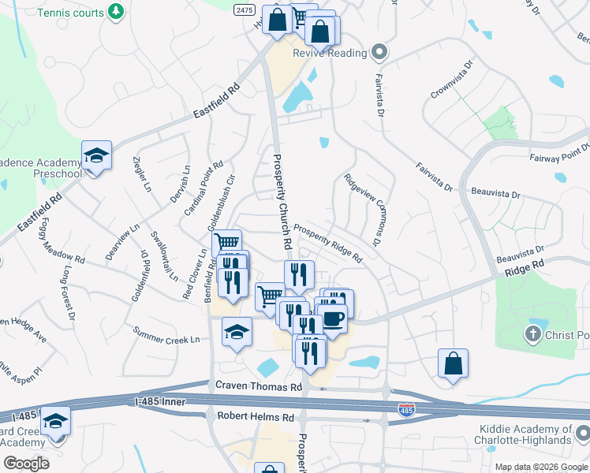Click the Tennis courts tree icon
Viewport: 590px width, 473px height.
pos(117,11)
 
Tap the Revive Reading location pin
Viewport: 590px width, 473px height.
pos(379,53)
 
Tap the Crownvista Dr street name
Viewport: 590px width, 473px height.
pos(451,79)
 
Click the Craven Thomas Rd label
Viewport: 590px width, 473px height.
pos(259,387)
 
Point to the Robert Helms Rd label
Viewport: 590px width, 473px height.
pos(256,416)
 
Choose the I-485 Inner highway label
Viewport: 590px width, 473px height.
pos(162,402)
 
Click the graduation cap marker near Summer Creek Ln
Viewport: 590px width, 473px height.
pos(237,333)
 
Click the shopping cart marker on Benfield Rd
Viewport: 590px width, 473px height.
pos(226,244)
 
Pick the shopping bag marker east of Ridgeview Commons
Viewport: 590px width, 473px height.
pos(454,364)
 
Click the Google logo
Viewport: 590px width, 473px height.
pos(26,463)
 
